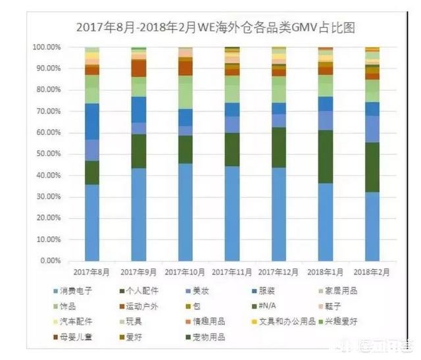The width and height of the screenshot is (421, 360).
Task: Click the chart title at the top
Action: point(220,27)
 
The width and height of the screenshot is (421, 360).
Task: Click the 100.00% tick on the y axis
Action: point(47,47)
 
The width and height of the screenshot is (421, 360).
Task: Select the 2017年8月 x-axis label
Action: point(91,271)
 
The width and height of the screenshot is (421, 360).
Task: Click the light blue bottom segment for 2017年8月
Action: point(91,222)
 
